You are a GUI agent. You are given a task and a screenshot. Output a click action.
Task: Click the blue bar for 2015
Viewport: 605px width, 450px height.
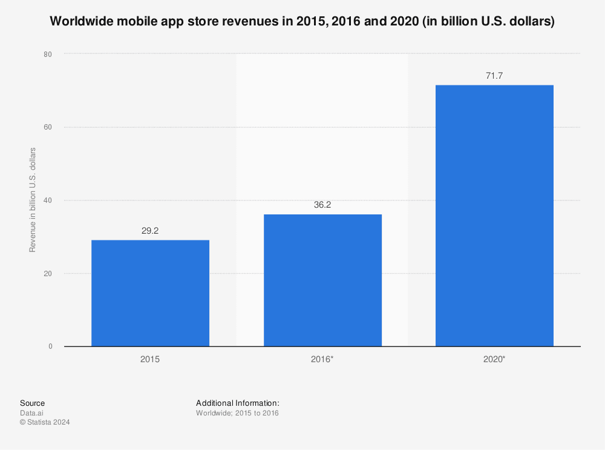pyautogui.click(x=150, y=293)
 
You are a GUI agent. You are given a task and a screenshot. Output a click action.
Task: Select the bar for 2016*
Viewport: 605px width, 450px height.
pyautogui.click(x=322, y=280)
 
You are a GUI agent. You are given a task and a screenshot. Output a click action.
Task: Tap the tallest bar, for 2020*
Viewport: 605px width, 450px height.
pyautogui.click(x=494, y=216)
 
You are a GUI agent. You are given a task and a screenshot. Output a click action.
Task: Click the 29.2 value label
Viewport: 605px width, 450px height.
pyautogui.click(x=150, y=231)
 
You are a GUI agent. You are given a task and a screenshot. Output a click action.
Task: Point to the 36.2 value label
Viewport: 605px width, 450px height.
pyautogui.click(x=322, y=205)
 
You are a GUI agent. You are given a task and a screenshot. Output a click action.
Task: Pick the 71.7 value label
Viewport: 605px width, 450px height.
pyautogui.click(x=494, y=76)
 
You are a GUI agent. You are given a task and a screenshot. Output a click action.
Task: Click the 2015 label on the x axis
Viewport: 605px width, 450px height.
pyautogui.click(x=150, y=359)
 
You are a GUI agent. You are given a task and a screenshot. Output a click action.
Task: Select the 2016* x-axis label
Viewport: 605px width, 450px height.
pyautogui.click(x=322, y=359)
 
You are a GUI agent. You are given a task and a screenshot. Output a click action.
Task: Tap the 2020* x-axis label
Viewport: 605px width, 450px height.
pyautogui.click(x=494, y=359)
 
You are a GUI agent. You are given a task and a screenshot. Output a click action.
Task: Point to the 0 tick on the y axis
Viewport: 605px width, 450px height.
pyautogui.click(x=50, y=346)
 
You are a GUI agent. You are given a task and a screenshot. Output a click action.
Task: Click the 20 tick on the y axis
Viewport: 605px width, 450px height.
pyautogui.click(x=48, y=273)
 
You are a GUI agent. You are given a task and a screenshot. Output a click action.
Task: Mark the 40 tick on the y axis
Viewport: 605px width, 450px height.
pyautogui.click(x=48, y=200)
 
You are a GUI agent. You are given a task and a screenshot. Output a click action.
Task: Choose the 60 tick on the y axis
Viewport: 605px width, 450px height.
pyautogui.click(x=48, y=127)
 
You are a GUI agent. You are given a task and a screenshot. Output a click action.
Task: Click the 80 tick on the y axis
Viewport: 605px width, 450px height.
pyautogui.click(x=48, y=54)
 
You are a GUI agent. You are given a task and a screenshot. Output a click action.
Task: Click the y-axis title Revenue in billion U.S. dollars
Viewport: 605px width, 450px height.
pyautogui.click(x=33, y=200)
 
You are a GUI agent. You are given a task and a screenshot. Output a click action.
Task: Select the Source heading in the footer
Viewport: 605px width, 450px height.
pyautogui.click(x=32, y=403)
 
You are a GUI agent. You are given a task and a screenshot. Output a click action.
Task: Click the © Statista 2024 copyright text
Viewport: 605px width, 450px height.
pyautogui.click(x=45, y=423)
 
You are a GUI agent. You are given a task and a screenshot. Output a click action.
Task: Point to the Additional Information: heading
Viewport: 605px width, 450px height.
pyautogui.click(x=237, y=403)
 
